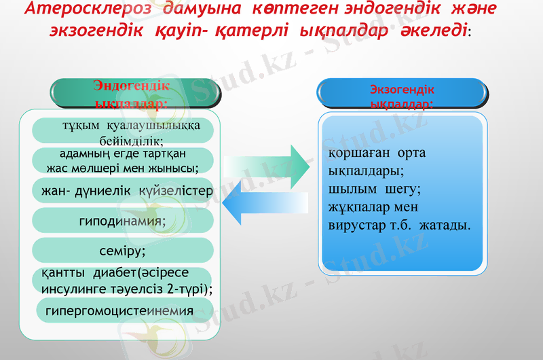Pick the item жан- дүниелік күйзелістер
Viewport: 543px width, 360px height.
[x=123, y=191]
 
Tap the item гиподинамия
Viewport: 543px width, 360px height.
[x=123, y=221]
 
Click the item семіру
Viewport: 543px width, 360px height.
[x=123, y=251]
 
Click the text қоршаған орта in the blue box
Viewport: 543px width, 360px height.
[x=377, y=153]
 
